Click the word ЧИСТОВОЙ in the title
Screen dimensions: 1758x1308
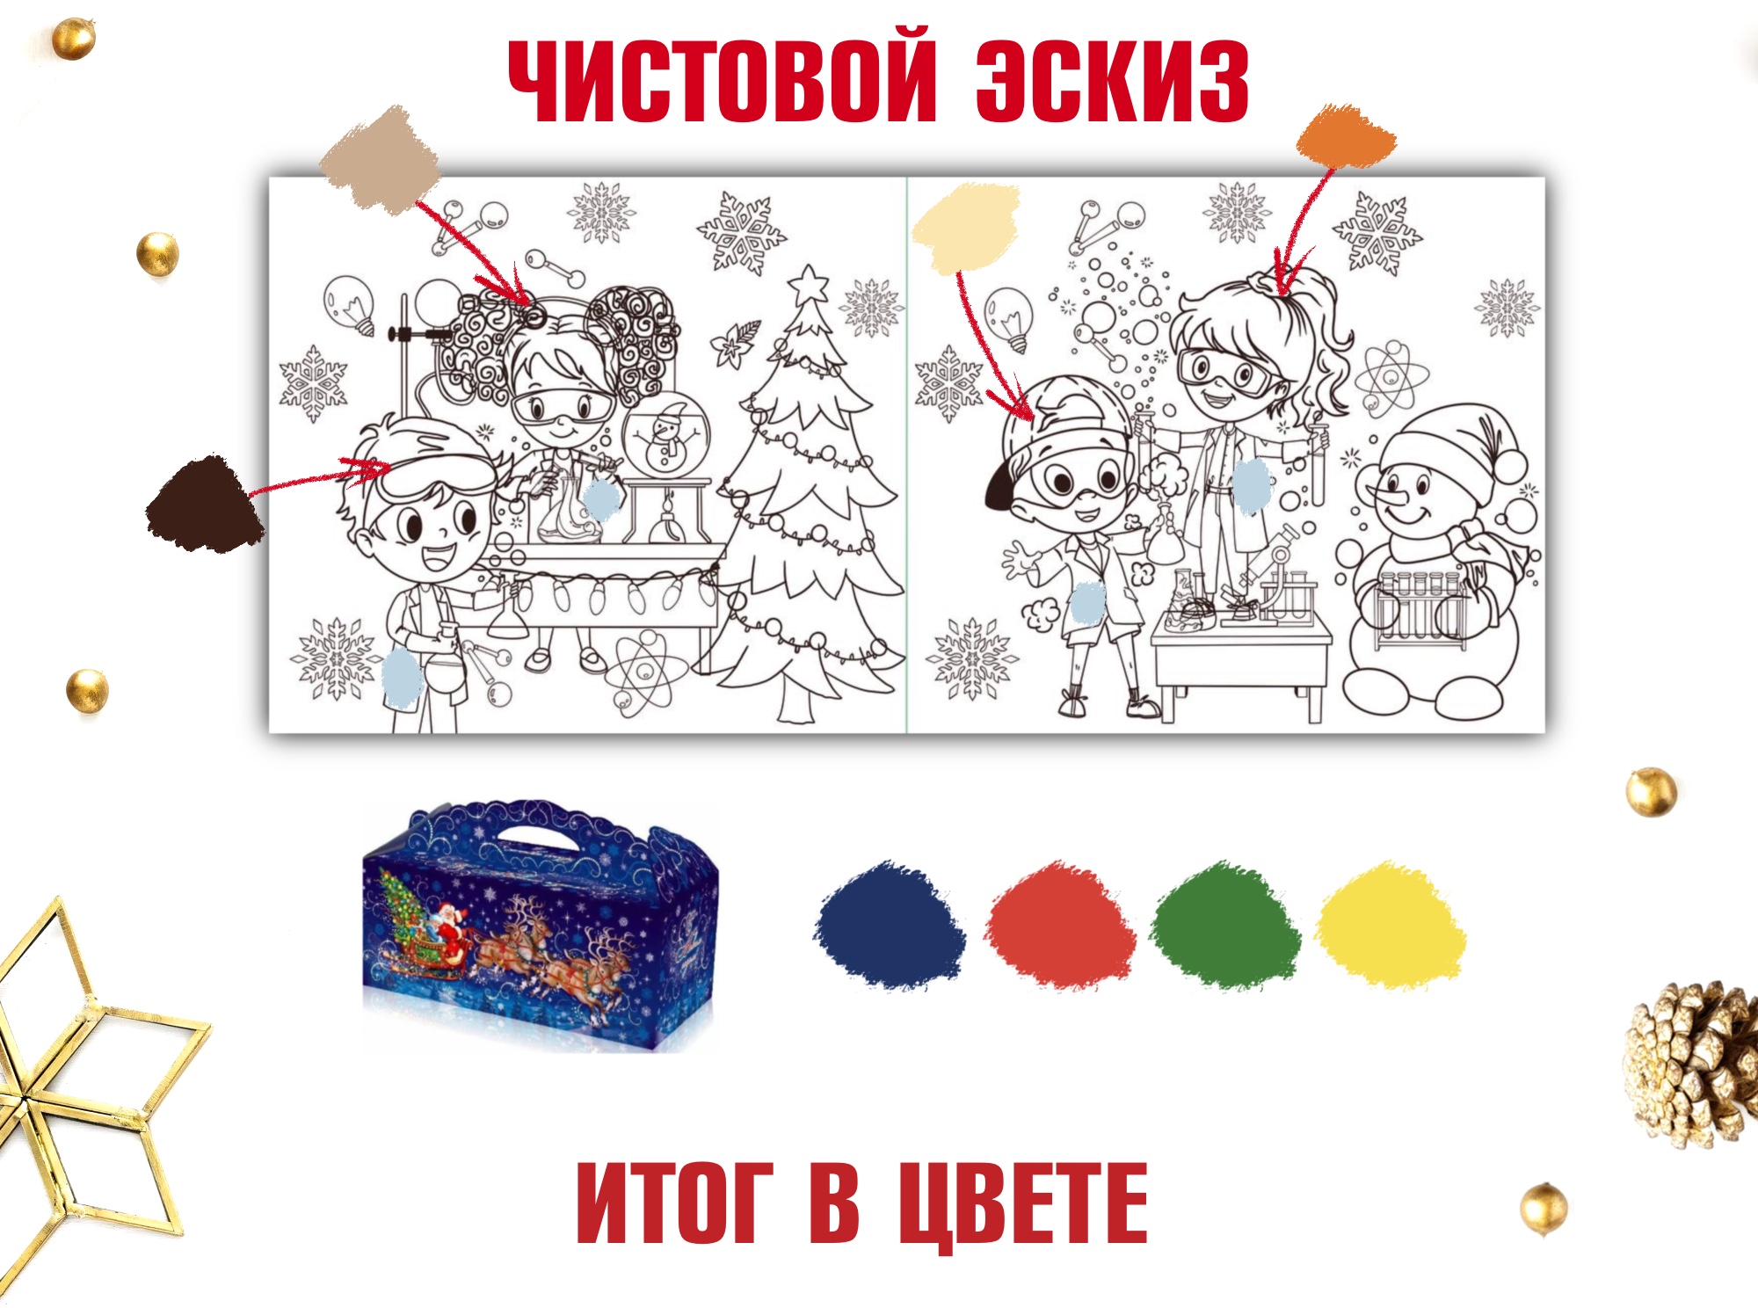click(723, 80)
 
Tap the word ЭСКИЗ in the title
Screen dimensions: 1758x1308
click(1113, 80)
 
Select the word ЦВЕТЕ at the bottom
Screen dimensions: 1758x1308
click(1023, 1203)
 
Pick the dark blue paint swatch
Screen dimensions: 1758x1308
click(890, 924)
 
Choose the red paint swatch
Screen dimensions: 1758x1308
click(1059, 924)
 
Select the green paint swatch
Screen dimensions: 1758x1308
click(1226, 924)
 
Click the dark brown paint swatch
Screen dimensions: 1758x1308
click(205, 504)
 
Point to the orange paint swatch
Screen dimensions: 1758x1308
click(1346, 136)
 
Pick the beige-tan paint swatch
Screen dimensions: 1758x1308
click(380, 159)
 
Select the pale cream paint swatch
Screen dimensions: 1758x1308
click(965, 228)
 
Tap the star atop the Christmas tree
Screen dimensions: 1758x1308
click(808, 284)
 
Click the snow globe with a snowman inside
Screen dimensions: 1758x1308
click(665, 437)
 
